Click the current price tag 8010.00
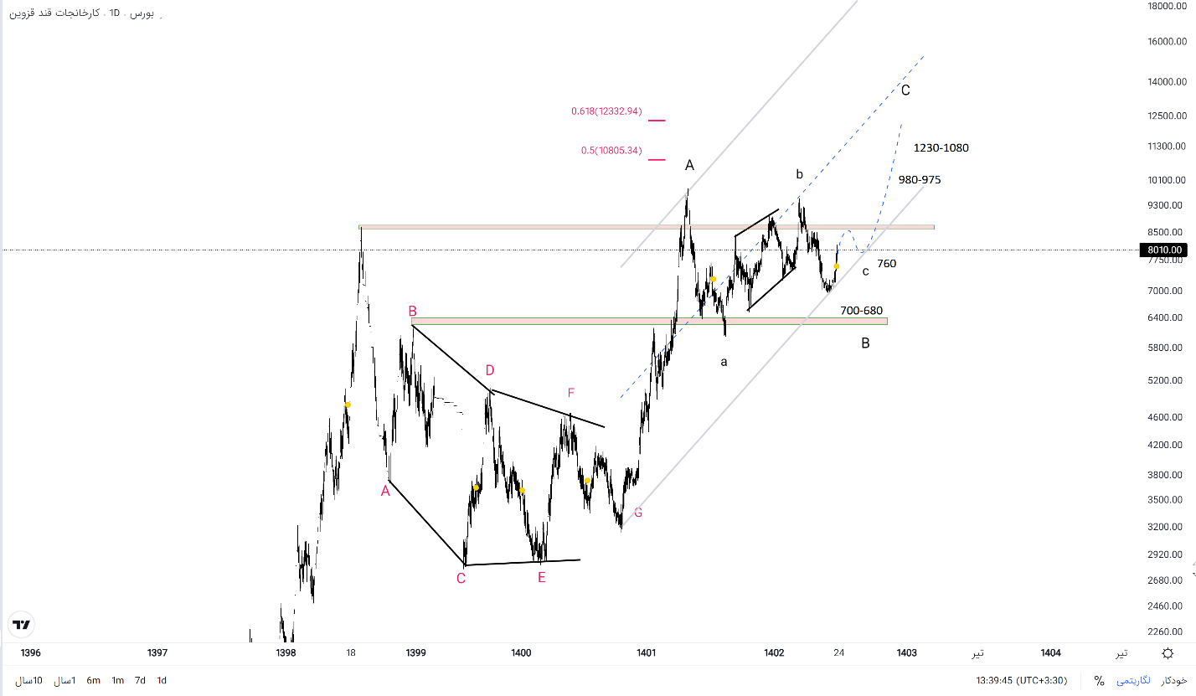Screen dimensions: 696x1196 pyautogui.click(x=1165, y=250)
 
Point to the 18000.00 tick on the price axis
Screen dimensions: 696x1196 pyautogui.click(x=1168, y=6)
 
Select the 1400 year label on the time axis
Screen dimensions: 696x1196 pyautogui.click(x=521, y=653)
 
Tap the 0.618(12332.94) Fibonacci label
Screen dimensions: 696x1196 pyautogui.click(x=606, y=111)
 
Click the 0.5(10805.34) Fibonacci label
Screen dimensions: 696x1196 pyautogui.click(x=611, y=151)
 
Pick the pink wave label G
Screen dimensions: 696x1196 pyautogui.click(x=638, y=513)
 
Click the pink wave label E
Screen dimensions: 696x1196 pyautogui.click(x=541, y=577)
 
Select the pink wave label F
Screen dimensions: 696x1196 pyautogui.click(x=571, y=393)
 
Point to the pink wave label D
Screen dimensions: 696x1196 pyautogui.click(x=490, y=370)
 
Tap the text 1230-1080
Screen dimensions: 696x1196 pyautogui.click(x=941, y=148)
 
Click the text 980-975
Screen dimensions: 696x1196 pyautogui.click(x=920, y=180)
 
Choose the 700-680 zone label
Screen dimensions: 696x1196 pyautogui.click(x=861, y=311)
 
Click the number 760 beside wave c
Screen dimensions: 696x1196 pyautogui.click(x=886, y=264)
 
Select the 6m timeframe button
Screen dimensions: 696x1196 pyautogui.click(x=93, y=681)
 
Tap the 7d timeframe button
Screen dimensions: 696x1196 pyautogui.click(x=140, y=681)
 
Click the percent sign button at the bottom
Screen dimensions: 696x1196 pyautogui.click(x=1099, y=681)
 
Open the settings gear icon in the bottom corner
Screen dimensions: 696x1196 pyautogui.click(x=1168, y=653)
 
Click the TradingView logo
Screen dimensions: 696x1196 pyautogui.click(x=21, y=625)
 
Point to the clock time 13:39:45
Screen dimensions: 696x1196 pyautogui.click(x=996, y=681)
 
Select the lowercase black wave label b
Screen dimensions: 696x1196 pyautogui.click(x=799, y=174)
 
